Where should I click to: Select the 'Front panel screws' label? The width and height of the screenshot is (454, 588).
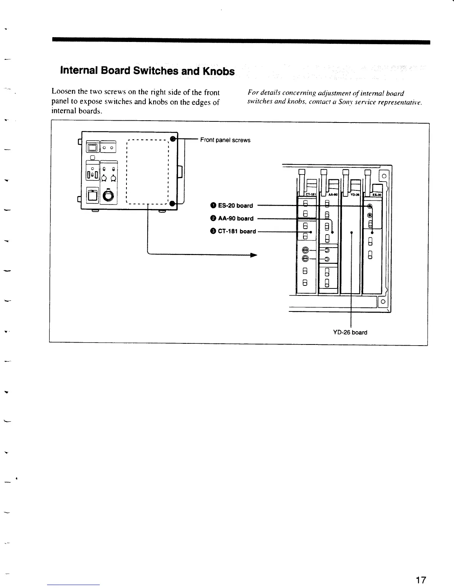point(225,140)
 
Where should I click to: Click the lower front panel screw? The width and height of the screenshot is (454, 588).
point(172,203)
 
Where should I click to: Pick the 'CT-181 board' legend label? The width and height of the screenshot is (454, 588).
point(237,231)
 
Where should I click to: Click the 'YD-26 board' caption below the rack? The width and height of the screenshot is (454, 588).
point(350,333)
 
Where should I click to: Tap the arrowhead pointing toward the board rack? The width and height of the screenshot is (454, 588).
point(253,255)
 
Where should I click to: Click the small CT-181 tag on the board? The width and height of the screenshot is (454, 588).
point(310,194)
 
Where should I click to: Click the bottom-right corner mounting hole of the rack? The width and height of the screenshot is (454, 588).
point(382,302)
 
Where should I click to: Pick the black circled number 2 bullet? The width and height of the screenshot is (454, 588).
point(213,219)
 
